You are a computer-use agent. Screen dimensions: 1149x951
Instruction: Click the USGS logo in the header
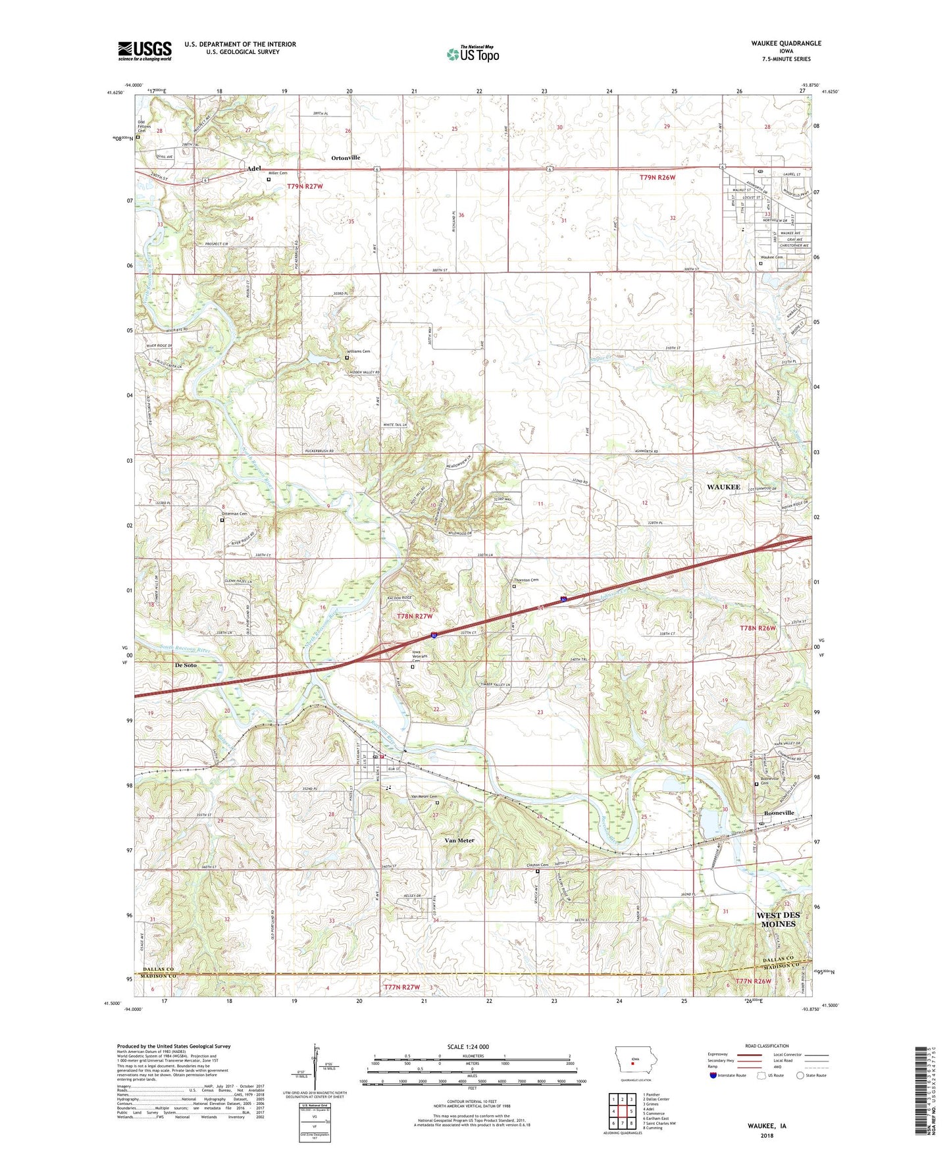tap(144, 51)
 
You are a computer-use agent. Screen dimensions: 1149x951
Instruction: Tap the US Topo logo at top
tap(473, 54)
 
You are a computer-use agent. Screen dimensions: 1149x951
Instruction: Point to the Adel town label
tap(253, 168)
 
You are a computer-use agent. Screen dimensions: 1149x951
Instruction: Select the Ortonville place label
tap(346, 158)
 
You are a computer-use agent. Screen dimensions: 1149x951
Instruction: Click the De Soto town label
tap(186, 665)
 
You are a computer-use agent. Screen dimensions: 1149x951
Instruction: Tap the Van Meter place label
tap(459, 840)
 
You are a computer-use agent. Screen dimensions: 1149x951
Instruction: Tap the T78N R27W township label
tap(415, 616)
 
